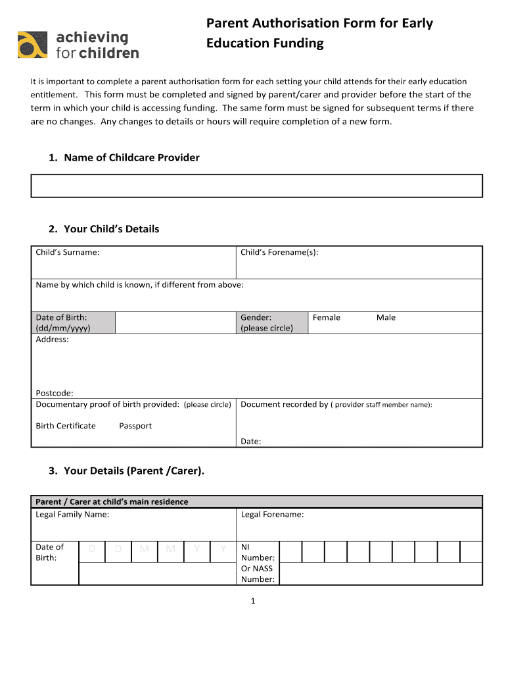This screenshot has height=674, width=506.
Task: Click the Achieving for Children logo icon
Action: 32,45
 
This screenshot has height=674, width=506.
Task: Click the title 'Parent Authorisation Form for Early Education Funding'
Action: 319,34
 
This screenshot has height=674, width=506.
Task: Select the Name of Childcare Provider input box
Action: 256,186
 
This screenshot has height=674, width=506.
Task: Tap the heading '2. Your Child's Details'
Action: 104,229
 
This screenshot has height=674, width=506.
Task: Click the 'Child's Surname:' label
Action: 68,252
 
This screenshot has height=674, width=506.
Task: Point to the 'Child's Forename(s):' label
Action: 279,252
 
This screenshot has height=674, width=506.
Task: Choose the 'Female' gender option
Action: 327,317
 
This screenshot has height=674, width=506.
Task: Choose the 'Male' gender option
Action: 386,317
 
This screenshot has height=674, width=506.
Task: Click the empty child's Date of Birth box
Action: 175,323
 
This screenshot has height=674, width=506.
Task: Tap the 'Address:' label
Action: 52,339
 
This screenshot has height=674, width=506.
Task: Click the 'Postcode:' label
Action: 55,393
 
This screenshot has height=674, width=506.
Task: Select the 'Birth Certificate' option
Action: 66,426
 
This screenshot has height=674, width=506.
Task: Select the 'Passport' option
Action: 135,426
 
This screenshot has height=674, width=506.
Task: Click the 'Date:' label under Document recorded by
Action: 251,442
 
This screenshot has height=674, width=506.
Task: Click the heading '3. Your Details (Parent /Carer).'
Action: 126,471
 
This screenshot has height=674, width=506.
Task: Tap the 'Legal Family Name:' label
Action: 72,514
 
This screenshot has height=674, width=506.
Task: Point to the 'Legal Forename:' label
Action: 272,514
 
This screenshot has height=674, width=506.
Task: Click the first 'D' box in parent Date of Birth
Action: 92,549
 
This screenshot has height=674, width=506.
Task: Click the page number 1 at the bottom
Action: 252,601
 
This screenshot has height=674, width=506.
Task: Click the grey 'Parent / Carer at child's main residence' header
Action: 112,502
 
